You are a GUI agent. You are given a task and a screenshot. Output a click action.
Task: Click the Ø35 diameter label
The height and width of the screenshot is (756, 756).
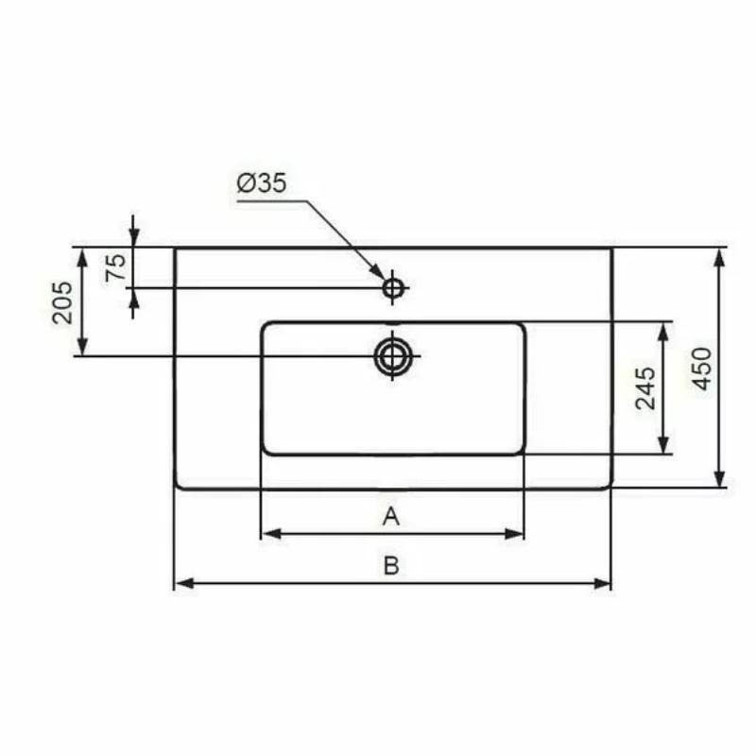[262, 183]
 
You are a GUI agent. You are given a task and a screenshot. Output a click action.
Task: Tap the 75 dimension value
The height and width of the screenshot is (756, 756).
[116, 267]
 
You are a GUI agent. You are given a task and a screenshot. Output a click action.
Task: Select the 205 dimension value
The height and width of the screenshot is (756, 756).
[63, 302]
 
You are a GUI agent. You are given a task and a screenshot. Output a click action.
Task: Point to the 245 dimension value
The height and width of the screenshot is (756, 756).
[645, 388]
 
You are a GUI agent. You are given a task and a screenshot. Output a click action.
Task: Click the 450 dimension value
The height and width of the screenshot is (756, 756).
[702, 369]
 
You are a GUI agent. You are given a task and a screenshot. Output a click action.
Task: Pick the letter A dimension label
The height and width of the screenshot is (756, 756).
[391, 516]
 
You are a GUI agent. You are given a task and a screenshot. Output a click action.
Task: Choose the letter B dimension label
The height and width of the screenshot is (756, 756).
[391, 565]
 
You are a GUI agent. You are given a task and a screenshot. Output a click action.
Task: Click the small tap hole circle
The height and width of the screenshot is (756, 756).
[393, 288]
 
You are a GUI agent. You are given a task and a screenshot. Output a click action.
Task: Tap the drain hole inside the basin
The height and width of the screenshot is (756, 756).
[393, 356]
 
